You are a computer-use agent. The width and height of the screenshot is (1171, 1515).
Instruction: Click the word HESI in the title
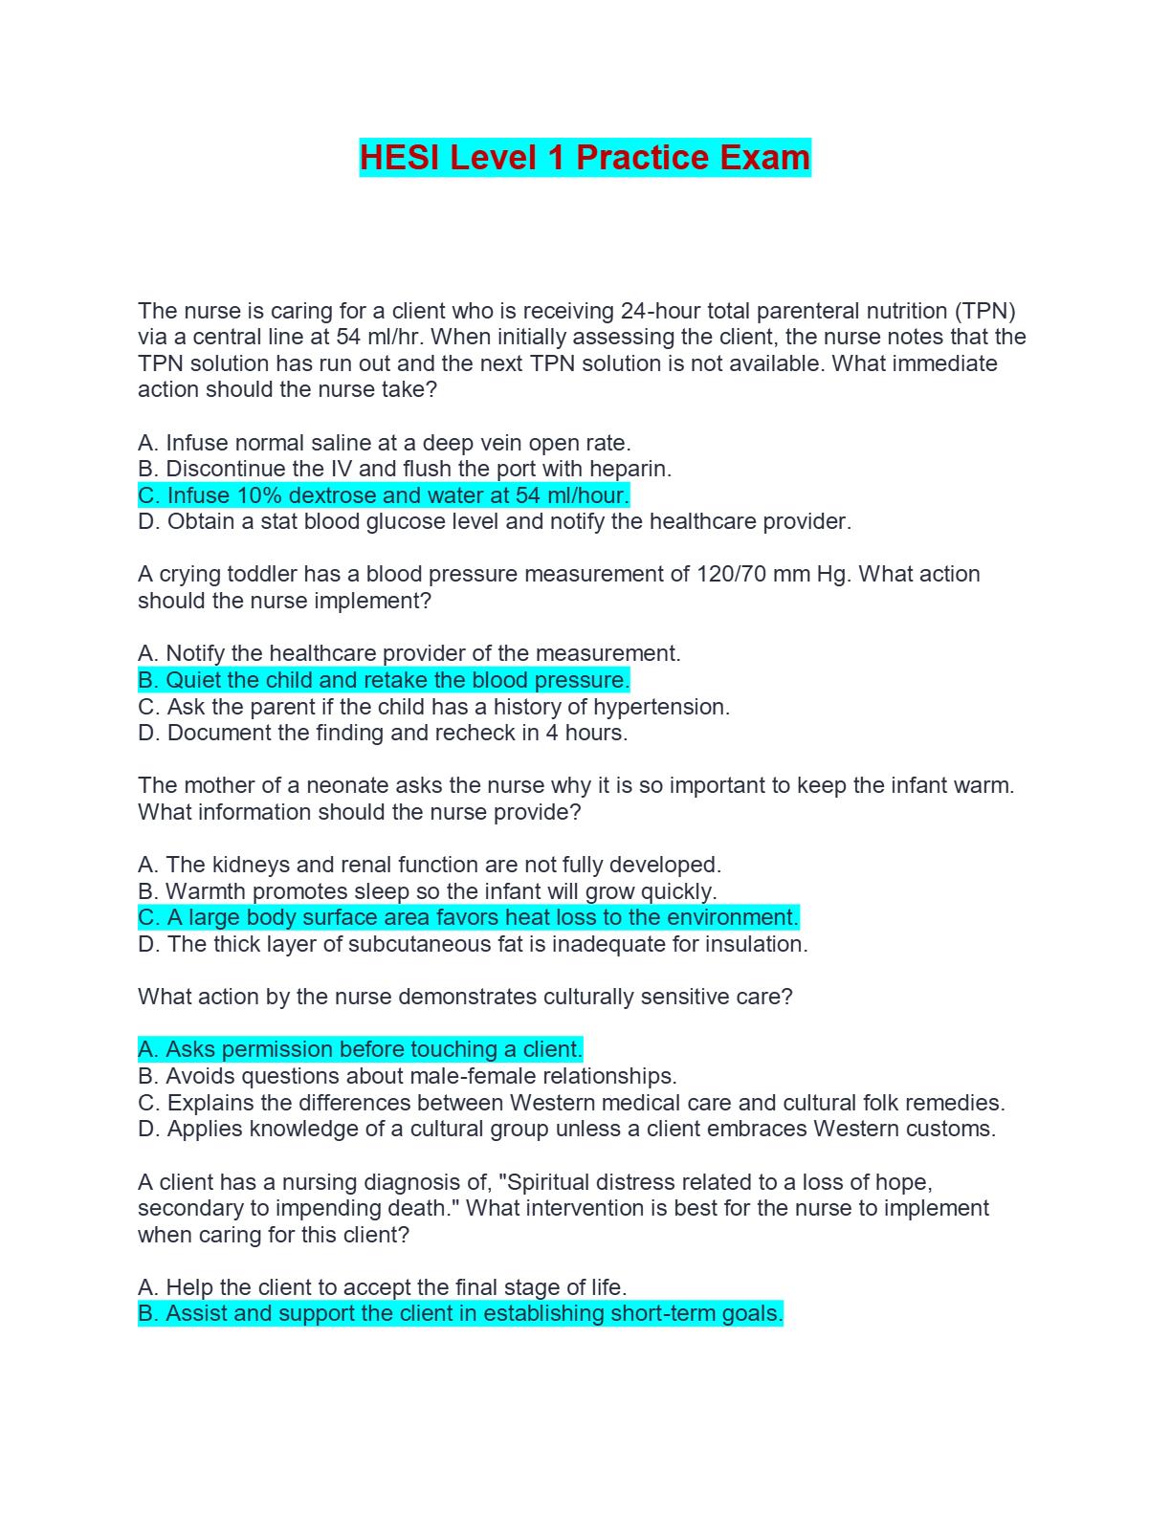click(x=401, y=158)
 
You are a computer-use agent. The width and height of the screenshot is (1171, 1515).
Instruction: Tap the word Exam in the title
click(x=764, y=158)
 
